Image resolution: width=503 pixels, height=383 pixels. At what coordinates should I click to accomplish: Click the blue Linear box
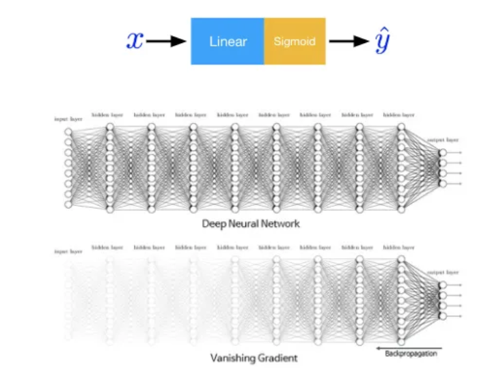coord(227,42)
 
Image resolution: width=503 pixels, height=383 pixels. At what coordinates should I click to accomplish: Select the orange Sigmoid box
coord(295,42)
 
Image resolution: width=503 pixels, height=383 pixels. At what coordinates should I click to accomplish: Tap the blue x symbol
coord(135,41)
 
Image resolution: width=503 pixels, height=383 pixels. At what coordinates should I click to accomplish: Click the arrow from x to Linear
coord(166,42)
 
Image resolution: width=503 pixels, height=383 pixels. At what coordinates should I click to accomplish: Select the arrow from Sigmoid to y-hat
coord(349,42)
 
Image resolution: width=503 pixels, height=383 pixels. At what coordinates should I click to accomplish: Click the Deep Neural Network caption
coord(251,223)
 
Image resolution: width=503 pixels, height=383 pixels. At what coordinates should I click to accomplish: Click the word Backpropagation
coord(406,353)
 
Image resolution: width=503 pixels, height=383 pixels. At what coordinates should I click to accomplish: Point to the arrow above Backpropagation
coord(406,345)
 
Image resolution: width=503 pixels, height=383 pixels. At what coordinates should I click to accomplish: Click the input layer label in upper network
coord(68,119)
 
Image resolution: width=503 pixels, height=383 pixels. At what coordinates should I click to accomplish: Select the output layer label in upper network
coord(442,139)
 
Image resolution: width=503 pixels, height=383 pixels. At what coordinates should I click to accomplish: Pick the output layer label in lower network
coord(442,272)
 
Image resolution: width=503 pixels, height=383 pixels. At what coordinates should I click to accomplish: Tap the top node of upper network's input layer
coord(68,132)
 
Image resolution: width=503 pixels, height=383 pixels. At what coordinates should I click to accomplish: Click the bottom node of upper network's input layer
coord(68,205)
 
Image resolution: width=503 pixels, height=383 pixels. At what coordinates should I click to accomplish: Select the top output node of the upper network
coord(442,152)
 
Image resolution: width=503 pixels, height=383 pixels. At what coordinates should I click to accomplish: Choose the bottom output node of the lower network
coord(442,316)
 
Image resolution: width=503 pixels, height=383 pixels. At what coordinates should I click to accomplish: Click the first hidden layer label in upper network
coord(108,115)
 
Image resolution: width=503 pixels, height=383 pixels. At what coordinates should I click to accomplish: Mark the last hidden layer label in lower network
coord(398,247)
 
